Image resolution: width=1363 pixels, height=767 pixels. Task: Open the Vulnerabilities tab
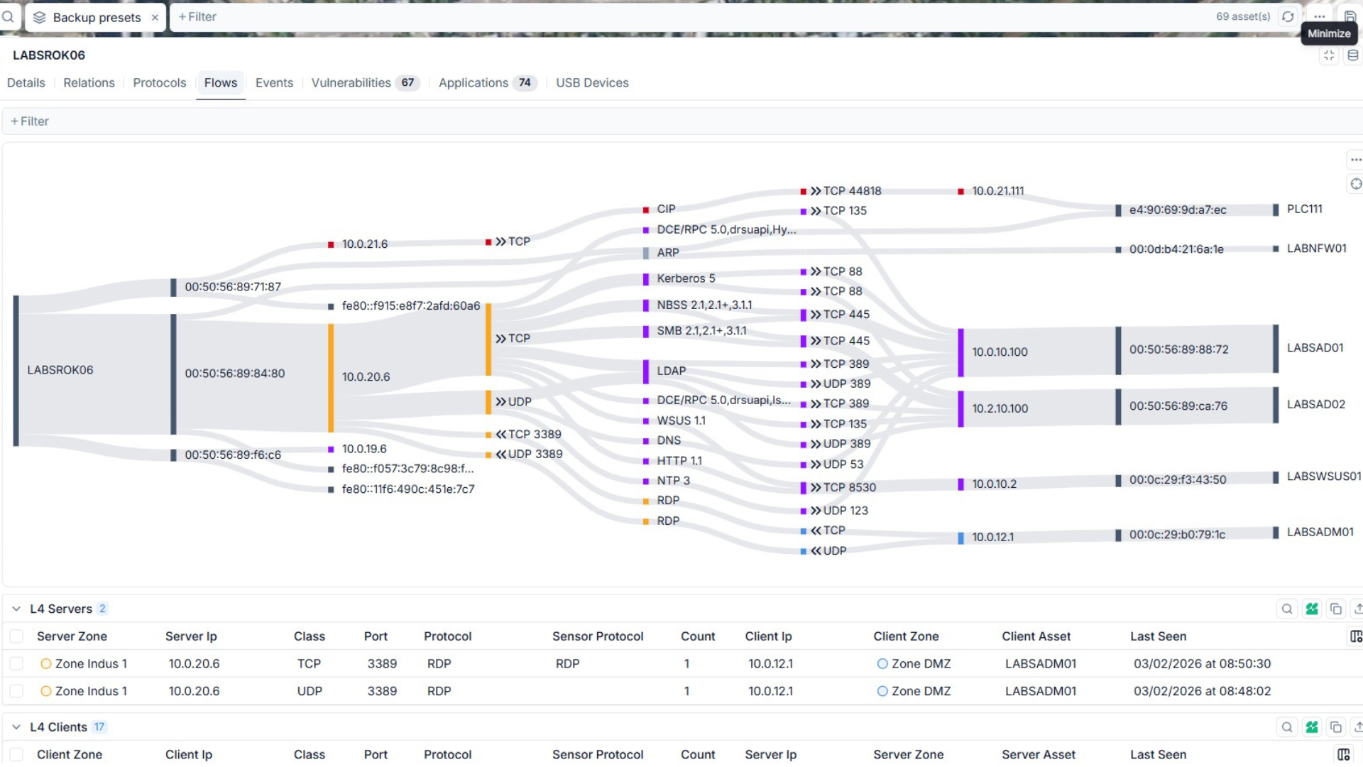(351, 83)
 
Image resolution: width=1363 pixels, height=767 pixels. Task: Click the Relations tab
(89, 83)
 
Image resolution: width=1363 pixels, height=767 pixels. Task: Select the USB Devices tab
(592, 83)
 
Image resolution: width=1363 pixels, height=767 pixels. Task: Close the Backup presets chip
(155, 18)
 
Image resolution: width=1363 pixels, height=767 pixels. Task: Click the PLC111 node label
(1304, 210)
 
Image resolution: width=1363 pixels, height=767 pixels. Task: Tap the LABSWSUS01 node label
(1323, 477)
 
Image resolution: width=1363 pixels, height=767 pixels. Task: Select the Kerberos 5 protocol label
(686, 279)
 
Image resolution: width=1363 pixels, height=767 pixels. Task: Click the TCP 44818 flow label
(852, 191)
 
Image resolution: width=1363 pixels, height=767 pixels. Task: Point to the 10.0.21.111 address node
(997, 191)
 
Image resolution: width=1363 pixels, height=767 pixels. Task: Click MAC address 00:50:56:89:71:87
(233, 287)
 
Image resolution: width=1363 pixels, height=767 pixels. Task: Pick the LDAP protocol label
(671, 371)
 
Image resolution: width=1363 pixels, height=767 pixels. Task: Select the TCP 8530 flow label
(849, 488)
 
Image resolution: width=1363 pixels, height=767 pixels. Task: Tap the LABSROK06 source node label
(60, 370)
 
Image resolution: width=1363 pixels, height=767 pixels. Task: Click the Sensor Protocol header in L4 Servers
(598, 636)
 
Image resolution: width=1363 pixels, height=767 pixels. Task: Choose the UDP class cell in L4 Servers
(310, 691)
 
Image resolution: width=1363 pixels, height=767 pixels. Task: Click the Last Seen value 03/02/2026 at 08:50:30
(1202, 664)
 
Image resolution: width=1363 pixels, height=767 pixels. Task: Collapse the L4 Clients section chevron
(16, 727)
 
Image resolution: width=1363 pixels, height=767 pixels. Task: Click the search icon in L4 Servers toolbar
(1286, 609)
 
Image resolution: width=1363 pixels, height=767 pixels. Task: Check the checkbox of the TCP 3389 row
(16, 664)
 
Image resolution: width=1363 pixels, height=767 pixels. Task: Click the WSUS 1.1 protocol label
(681, 421)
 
